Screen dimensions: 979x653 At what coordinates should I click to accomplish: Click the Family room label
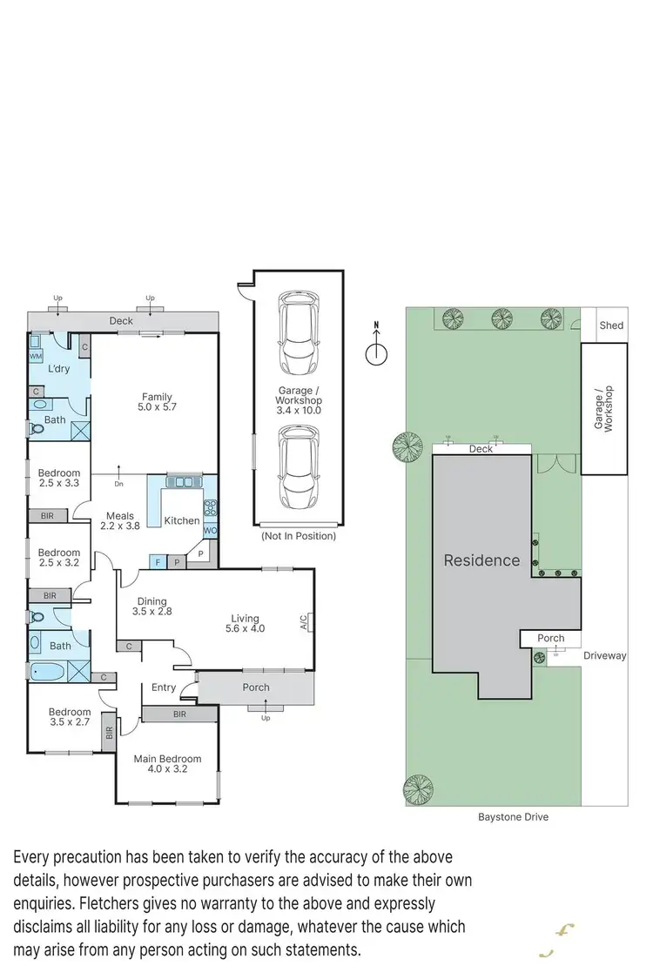click(157, 397)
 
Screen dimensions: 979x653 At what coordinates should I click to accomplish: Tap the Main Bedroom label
click(167, 759)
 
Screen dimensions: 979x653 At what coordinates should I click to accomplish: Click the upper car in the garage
click(296, 332)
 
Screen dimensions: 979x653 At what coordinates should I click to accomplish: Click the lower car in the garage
click(296, 468)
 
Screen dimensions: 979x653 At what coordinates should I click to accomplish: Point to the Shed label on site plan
click(612, 325)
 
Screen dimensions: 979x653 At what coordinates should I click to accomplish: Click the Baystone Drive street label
click(513, 817)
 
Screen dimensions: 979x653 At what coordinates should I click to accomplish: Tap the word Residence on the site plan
click(481, 560)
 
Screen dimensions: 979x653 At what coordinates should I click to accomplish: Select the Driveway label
click(605, 655)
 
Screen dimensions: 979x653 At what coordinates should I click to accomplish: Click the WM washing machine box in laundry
click(36, 357)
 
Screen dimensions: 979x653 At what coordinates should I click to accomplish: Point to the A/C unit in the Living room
click(306, 622)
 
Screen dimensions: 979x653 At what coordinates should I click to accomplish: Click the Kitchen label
click(182, 520)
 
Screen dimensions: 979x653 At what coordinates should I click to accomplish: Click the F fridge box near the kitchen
click(158, 561)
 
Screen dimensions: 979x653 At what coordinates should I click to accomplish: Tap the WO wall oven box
click(210, 530)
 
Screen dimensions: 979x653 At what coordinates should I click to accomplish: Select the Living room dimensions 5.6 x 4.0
click(244, 628)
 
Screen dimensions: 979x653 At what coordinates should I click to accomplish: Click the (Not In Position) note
click(299, 536)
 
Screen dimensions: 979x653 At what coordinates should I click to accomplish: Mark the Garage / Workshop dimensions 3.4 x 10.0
click(299, 409)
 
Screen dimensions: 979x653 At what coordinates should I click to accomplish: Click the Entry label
click(164, 687)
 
